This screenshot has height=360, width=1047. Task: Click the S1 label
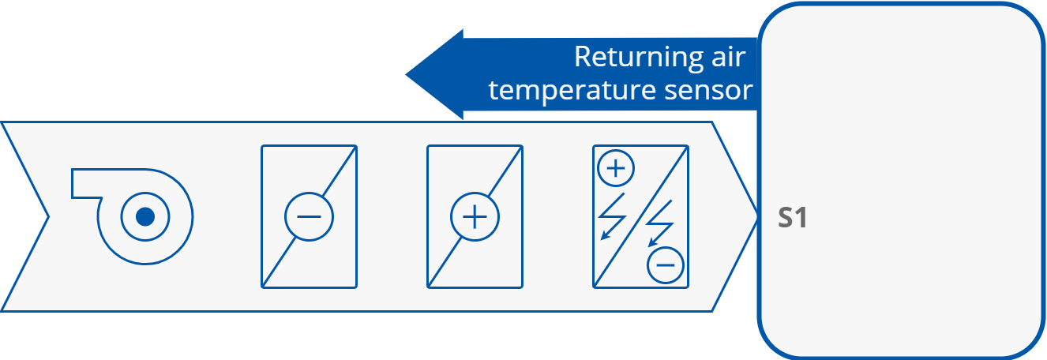pos(792,218)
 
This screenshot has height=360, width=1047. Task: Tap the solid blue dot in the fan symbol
pos(144,216)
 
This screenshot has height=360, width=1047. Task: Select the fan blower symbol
pos(134,214)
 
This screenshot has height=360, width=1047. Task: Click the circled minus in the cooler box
pos(309,216)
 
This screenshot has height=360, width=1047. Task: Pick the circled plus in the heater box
pos(475,216)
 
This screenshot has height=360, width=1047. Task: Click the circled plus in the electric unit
pos(616,167)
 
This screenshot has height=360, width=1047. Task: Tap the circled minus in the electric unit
pos(665,265)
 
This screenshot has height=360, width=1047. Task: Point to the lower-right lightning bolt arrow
pos(659,225)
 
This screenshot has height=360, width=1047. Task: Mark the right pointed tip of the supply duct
pos(754,216)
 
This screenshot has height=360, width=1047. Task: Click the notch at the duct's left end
pos(47,216)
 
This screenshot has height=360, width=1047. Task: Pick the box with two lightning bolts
pos(640,216)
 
